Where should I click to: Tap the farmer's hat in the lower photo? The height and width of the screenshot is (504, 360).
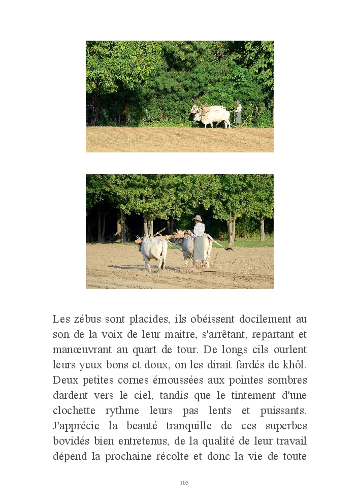197,218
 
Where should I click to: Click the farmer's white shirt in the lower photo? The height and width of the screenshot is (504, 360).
199,230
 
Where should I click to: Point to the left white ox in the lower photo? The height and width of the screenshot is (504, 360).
153,250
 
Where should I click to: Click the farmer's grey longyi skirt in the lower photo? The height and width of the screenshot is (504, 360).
199,248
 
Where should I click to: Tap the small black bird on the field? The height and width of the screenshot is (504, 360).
230,249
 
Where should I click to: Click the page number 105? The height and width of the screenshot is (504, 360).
184,483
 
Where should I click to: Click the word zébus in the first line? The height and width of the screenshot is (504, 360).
87,320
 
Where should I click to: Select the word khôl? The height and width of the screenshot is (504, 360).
294,365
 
